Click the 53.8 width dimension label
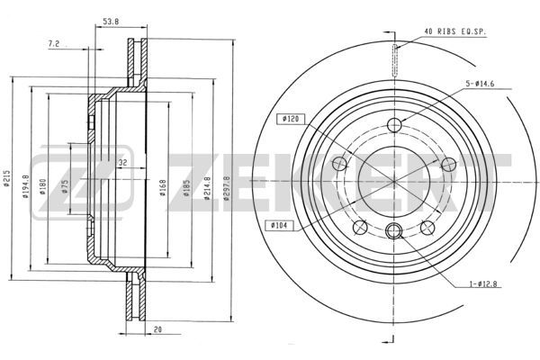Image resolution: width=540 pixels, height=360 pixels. click(x=111, y=22)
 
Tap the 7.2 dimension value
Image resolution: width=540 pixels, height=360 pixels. click(x=54, y=43)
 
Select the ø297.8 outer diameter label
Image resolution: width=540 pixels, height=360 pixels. click(x=226, y=188)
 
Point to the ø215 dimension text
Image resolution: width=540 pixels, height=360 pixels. click(x=6, y=178)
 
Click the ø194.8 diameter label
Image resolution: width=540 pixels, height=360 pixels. click(x=25, y=186)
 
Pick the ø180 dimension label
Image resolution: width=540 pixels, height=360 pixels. click(x=42, y=186)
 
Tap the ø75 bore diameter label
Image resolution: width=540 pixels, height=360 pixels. click(x=65, y=186)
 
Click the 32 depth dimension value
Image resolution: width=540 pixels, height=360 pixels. click(x=122, y=162)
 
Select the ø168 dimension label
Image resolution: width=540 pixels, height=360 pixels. click(x=163, y=188)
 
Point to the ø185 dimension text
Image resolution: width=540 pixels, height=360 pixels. click(x=186, y=188)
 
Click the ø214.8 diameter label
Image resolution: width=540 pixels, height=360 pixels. click(x=207, y=188)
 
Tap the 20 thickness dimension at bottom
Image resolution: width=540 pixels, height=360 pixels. click(x=157, y=329)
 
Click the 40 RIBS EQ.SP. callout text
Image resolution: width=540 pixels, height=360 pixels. click(x=454, y=31)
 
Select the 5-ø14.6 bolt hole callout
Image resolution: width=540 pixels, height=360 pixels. click(x=480, y=84)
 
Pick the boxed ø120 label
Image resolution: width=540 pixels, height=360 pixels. click(x=291, y=119)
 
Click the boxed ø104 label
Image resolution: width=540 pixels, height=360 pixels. click(x=280, y=226)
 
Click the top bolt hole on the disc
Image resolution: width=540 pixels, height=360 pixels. click(x=394, y=125)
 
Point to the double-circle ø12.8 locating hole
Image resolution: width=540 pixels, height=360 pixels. click(x=393, y=230)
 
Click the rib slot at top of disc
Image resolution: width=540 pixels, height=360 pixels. click(x=395, y=60)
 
